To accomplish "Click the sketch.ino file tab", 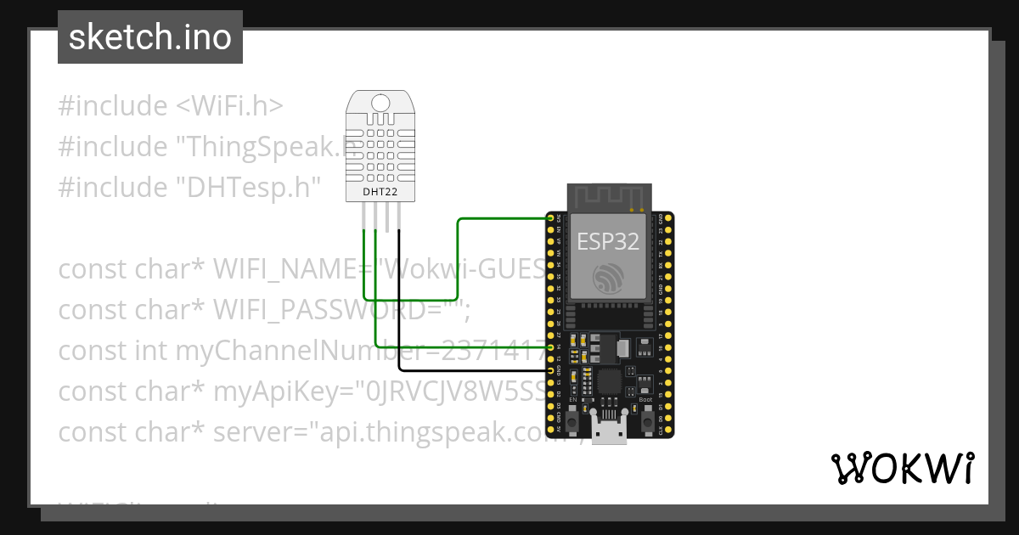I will click(150, 37).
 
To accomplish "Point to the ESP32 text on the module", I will click(607, 241).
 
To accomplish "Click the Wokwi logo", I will click(902, 468).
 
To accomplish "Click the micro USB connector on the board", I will click(609, 431).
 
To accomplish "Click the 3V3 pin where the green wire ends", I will click(551, 218).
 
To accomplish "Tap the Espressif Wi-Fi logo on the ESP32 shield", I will click(608, 278).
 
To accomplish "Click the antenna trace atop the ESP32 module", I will click(608, 197).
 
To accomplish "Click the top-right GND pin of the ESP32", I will click(668, 218).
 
